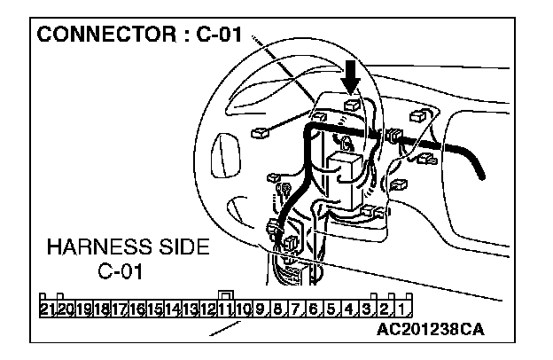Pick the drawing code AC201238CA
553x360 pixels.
coord(432,328)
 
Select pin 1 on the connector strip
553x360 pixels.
coord(401,309)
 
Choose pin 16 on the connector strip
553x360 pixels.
coord(137,309)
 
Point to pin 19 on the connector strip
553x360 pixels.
coord(83,309)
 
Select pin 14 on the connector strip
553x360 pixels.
coord(173,309)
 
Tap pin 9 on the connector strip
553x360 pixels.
coord(261,309)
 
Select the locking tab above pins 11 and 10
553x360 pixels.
coord(227,296)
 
